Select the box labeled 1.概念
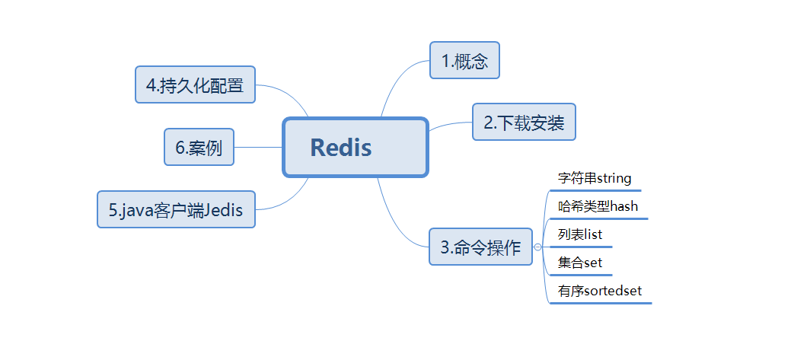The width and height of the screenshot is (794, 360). coord(464,60)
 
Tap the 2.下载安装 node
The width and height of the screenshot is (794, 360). coord(524,122)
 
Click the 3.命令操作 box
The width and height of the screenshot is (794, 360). coord(480,247)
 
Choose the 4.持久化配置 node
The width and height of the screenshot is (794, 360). coord(195,84)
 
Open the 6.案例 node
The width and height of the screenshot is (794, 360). coord(199,147)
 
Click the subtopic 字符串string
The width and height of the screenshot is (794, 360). coord(595,179)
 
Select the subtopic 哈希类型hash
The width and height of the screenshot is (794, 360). coord(598,206)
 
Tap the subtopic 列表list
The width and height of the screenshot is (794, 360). coord(580,234)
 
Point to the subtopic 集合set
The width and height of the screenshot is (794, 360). coord(580,263)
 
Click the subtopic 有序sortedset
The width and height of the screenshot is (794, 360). coord(600,291)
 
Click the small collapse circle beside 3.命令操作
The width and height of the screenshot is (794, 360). coord(538,247)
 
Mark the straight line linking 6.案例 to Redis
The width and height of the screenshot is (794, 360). coord(258,147)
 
